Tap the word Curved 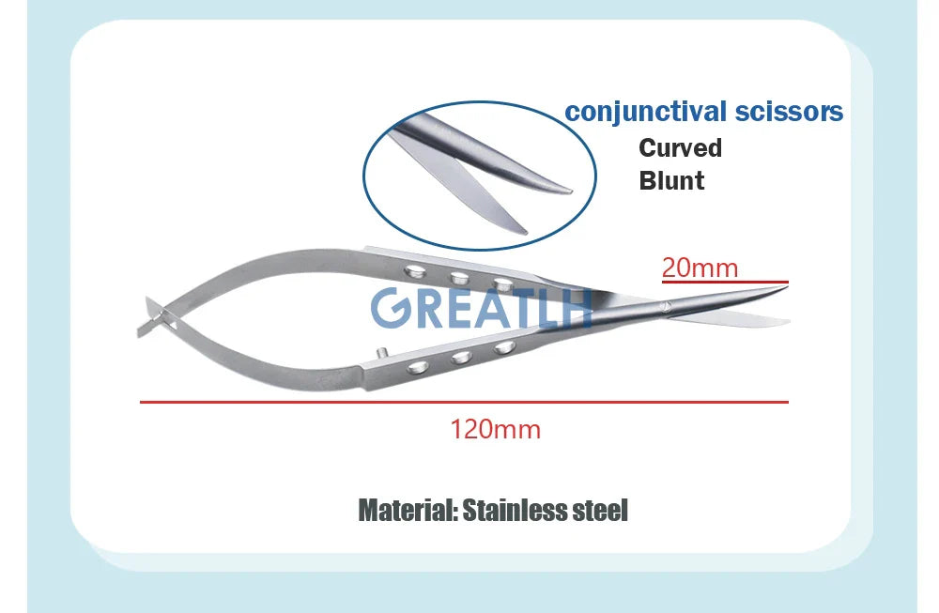[680, 148]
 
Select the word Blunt [671, 181]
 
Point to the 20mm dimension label [700, 268]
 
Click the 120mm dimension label [495, 429]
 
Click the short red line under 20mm [725, 282]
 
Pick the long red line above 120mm [464, 403]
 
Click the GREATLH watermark [481, 308]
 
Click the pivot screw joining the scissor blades [664, 308]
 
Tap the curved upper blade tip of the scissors [785, 288]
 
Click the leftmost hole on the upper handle [414, 271]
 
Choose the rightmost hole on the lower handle [504, 347]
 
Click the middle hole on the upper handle [459, 277]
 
